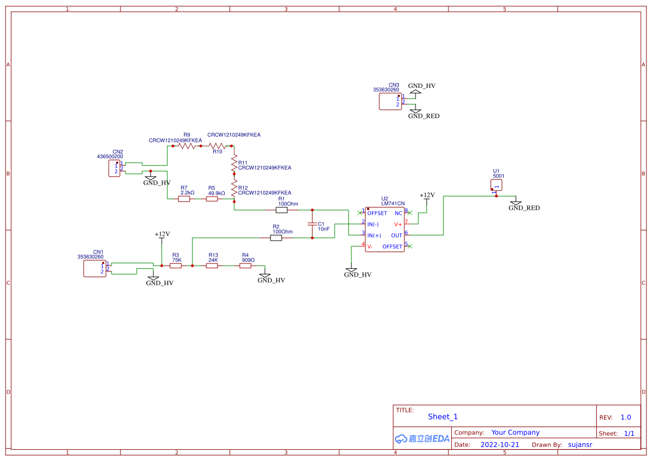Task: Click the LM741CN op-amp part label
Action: click(393, 204)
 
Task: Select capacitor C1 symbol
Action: click(312, 224)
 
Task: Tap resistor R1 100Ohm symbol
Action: click(282, 210)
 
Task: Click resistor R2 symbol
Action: click(276, 238)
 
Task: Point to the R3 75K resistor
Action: click(176, 266)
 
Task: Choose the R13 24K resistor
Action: click(212, 266)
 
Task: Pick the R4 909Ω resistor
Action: click(246, 266)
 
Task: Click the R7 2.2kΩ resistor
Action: click(184, 199)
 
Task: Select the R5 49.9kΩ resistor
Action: click(212, 199)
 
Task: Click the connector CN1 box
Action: click(94, 269)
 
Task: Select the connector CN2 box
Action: click(114, 169)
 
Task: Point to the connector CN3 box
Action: click(390, 101)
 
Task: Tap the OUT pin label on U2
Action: click(396, 236)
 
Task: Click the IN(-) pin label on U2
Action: click(373, 224)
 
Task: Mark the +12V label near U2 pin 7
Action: click(427, 195)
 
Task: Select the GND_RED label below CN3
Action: click(423, 116)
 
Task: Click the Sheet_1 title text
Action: click(443, 416)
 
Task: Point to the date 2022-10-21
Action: click(500, 445)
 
